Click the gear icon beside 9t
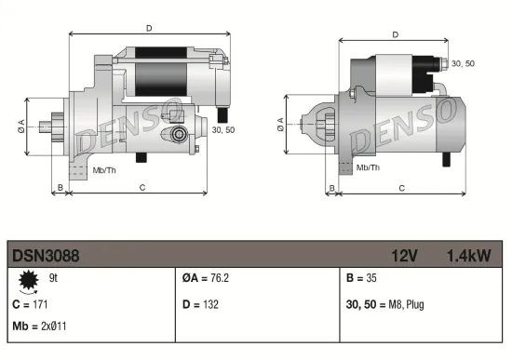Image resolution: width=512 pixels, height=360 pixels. [x=27, y=280]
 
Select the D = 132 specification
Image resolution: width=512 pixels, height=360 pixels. [x=202, y=303]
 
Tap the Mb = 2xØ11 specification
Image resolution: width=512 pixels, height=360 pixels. [x=39, y=326]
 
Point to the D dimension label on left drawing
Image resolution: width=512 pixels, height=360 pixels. [x=149, y=28]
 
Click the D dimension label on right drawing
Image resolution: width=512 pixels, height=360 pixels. [x=395, y=35]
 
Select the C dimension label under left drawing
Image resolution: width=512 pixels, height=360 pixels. [x=141, y=188]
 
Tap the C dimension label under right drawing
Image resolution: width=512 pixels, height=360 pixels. [x=400, y=188]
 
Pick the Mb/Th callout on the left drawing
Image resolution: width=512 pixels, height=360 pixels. [x=103, y=170]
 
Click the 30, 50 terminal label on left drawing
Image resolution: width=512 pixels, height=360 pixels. [x=222, y=129]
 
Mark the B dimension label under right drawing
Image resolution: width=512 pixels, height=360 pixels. [x=332, y=188]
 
